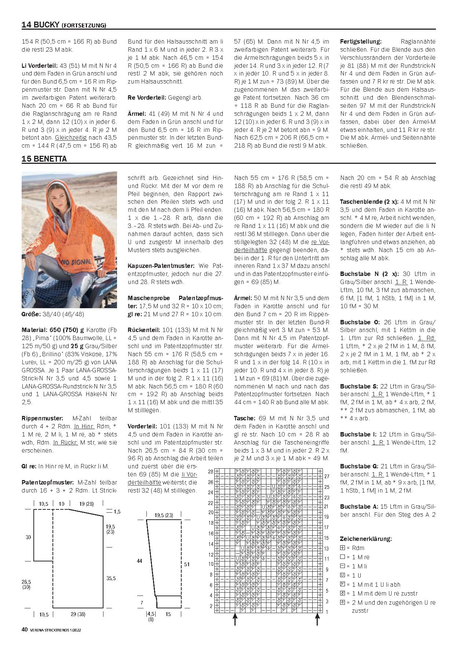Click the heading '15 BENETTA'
pos(44,159)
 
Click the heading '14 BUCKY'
pos(40,25)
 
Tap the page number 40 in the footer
pos(25,630)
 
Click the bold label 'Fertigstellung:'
pos(361,41)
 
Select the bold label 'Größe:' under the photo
pos(31,314)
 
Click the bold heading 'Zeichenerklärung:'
pos(365,539)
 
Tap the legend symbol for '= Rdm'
pos(343,548)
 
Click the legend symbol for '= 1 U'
pos(343,575)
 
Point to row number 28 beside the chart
pos(211,471)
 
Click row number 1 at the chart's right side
pos(327,612)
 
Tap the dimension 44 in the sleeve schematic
pos(139,561)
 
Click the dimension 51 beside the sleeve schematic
pos(187,564)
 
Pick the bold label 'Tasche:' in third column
pos(244,418)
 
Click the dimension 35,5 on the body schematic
pos(110,578)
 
